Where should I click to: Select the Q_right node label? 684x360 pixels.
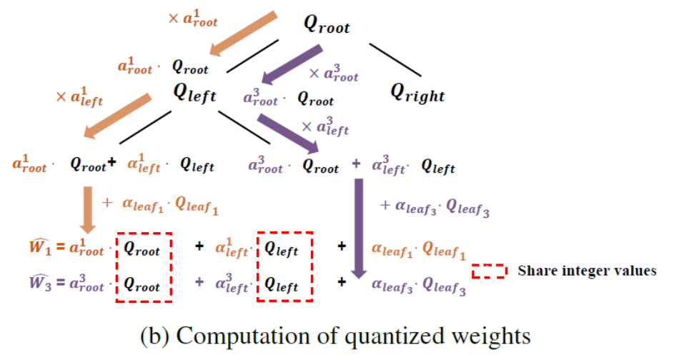click(417, 92)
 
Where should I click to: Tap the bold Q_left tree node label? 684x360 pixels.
click(194, 93)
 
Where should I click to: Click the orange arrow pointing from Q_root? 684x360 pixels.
click(243, 36)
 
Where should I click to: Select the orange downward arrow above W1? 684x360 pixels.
click(88, 209)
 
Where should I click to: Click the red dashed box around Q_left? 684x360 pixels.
click(285, 265)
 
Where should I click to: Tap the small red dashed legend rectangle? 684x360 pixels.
click(489, 271)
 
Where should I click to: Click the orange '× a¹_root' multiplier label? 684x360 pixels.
click(192, 19)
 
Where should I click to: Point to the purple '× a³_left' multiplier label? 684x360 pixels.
click(325, 127)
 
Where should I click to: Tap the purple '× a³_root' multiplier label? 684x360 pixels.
click(333, 73)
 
